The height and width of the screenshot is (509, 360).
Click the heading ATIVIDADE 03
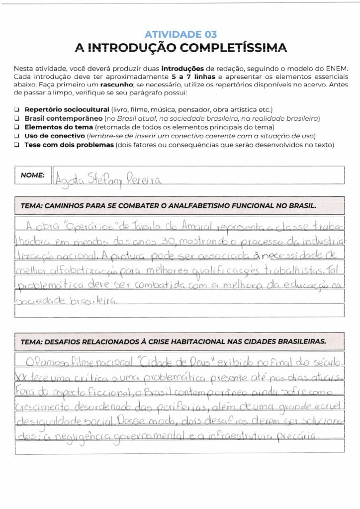click(180, 34)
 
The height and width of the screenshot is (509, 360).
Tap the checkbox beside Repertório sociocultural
click(17, 109)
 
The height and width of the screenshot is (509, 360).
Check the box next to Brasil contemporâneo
click(17, 118)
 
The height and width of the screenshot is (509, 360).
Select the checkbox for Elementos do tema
click(17, 127)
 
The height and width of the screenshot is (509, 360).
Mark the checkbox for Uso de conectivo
click(17, 136)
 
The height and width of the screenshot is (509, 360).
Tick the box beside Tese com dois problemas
click(17, 145)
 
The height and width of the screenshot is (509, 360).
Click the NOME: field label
click(32, 175)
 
